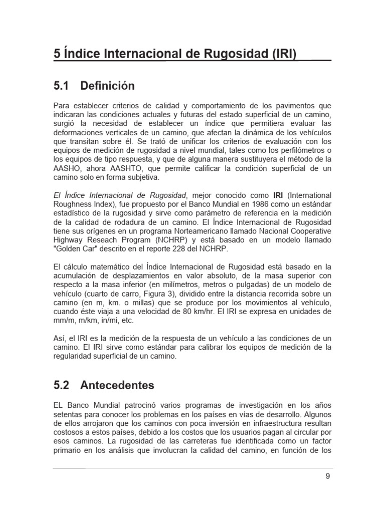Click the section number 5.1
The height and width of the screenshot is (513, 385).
62,86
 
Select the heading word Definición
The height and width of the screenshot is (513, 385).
107,86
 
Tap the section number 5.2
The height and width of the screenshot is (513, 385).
62,386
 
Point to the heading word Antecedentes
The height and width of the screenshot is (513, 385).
117,386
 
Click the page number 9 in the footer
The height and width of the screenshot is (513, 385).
327,476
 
